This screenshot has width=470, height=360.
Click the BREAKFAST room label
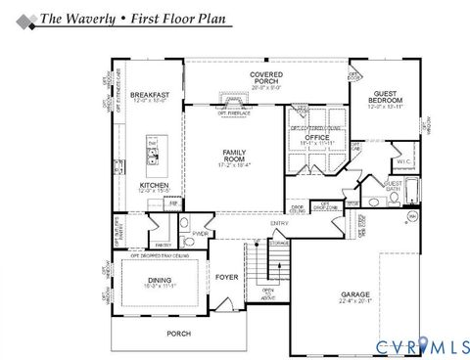(x=151, y=94)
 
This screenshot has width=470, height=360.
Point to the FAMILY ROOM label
(x=234, y=154)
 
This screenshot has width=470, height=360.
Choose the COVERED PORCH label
(x=265, y=74)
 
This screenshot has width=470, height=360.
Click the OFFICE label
(x=315, y=137)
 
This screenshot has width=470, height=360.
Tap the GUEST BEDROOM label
(x=383, y=97)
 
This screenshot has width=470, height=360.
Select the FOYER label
(x=227, y=277)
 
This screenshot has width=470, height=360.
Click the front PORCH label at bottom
(x=178, y=333)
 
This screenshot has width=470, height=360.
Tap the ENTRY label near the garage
(x=280, y=224)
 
